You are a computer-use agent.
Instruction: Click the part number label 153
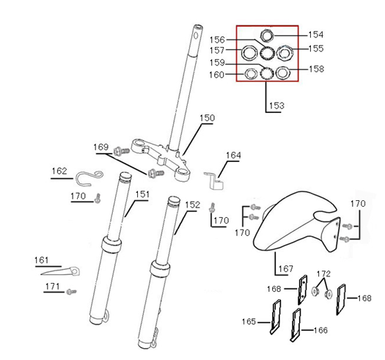click(x=276, y=106)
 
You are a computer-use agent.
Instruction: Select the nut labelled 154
click(x=267, y=36)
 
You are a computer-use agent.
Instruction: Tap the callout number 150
click(x=207, y=118)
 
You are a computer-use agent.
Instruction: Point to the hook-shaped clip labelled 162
click(x=89, y=177)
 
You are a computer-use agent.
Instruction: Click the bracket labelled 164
click(x=214, y=181)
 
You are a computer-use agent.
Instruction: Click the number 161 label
click(x=42, y=260)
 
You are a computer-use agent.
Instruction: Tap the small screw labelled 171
click(x=71, y=292)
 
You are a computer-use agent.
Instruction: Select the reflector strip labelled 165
click(x=276, y=317)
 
